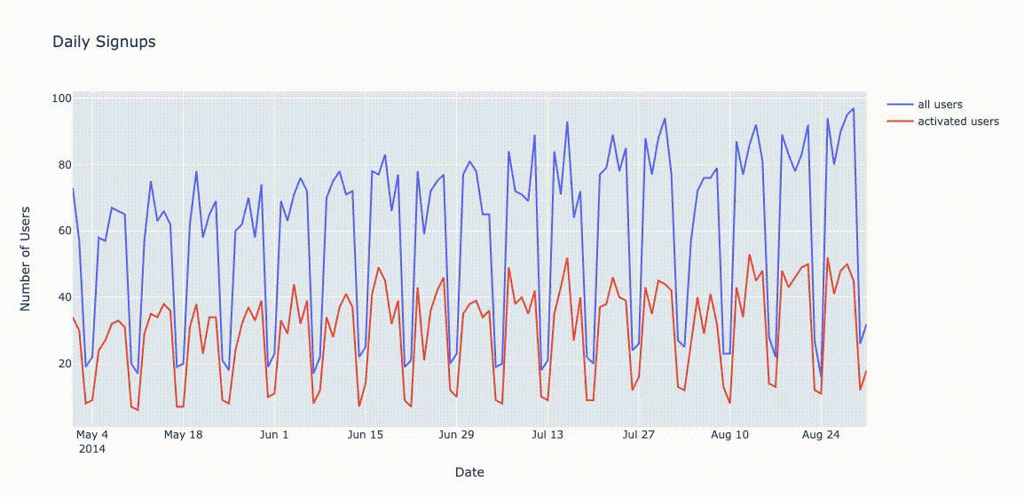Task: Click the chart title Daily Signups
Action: click(x=104, y=42)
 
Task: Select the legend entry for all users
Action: click(x=940, y=105)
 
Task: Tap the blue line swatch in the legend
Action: click(x=900, y=105)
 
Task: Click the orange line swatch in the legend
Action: click(x=900, y=122)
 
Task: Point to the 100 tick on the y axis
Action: click(x=60, y=98)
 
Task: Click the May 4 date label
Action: click(x=92, y=435)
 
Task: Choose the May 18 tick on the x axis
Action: click(x=184, y=435)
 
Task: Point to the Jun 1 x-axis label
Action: click(x=274, y=435)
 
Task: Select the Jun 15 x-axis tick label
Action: click(x=365, y=435)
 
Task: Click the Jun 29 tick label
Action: click(x=456, y=435)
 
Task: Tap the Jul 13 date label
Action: click(x=547, y=435)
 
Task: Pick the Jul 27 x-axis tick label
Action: click(x=638, y=435)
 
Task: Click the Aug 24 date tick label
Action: click(x=821, y=435)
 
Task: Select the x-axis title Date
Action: click(x=469, y=472)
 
